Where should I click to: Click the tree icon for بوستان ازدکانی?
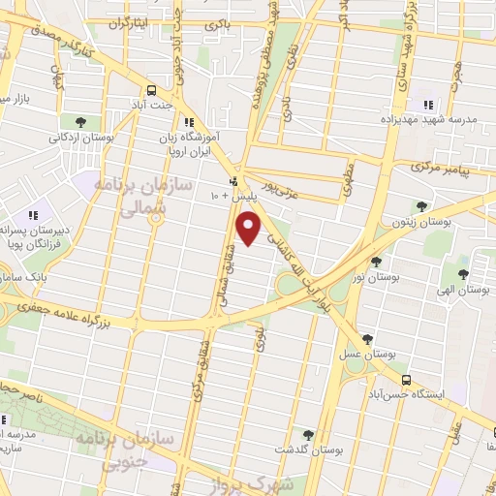tap(79, 122)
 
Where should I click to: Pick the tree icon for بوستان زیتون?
tap(420, 206)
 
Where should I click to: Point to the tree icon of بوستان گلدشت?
tap(308, 435)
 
